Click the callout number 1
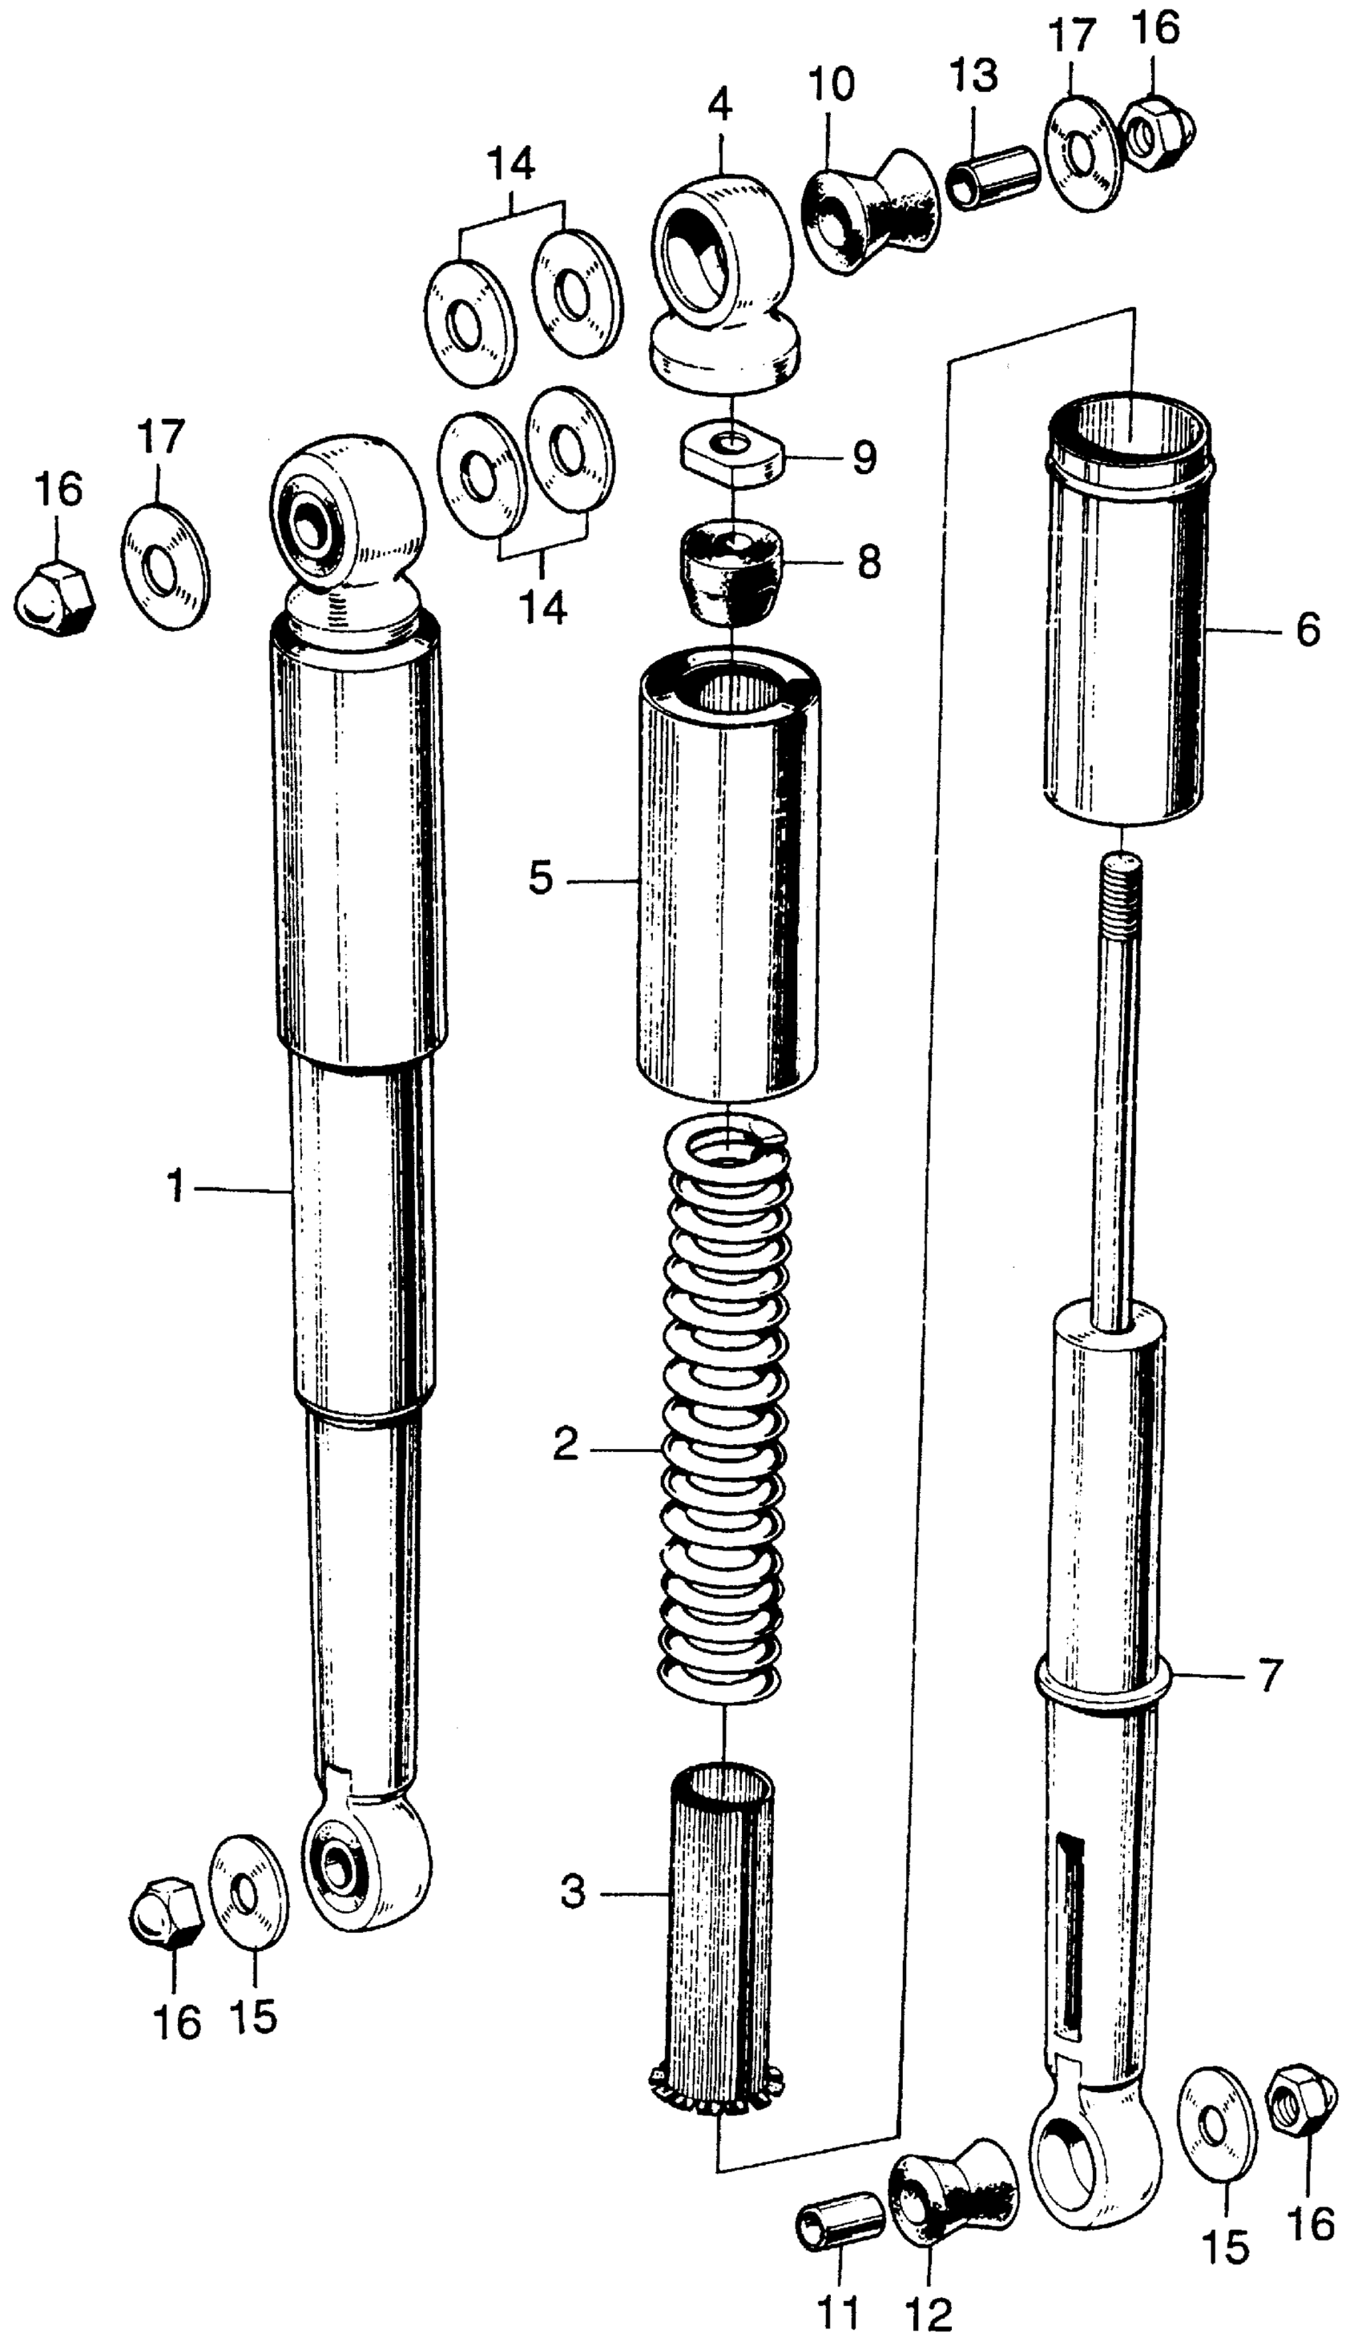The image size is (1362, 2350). pos(175,1188)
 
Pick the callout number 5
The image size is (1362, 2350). pos(540,878)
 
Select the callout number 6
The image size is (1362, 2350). pos(1308,630)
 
